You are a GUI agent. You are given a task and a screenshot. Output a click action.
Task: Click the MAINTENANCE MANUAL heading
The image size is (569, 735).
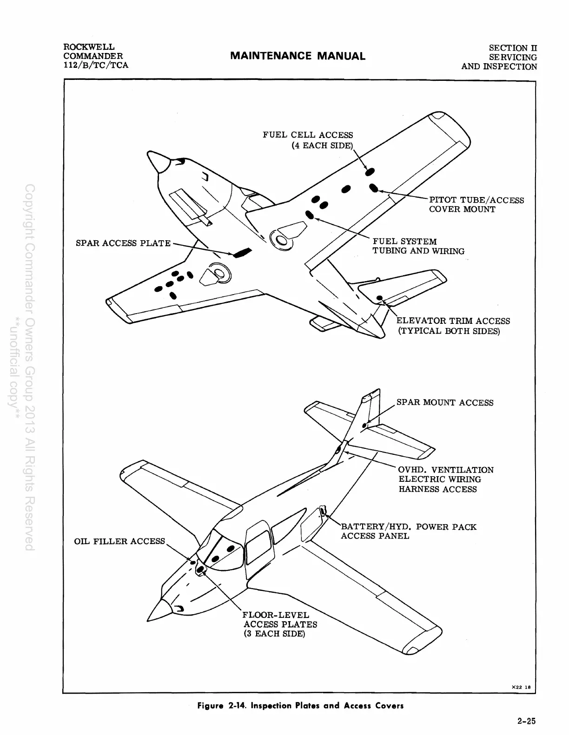[298, 56]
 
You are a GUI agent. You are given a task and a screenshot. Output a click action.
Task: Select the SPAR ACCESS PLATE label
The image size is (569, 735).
[123, 243]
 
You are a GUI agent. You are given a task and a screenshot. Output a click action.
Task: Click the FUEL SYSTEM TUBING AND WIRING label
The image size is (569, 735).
[418, 246]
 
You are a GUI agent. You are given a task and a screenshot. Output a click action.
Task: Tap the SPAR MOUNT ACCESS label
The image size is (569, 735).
[444, 402]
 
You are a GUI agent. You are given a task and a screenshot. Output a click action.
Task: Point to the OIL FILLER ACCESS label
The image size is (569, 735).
[119, 541]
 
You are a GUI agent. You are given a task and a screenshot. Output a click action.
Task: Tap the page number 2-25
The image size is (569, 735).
[526, 722]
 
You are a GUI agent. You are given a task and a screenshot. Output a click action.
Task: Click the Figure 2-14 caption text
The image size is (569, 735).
[300, 706]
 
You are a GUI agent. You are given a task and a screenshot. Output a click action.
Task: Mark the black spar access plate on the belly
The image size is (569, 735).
[242, 252]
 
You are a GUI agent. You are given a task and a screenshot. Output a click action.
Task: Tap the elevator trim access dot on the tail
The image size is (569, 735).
[380, 297]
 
